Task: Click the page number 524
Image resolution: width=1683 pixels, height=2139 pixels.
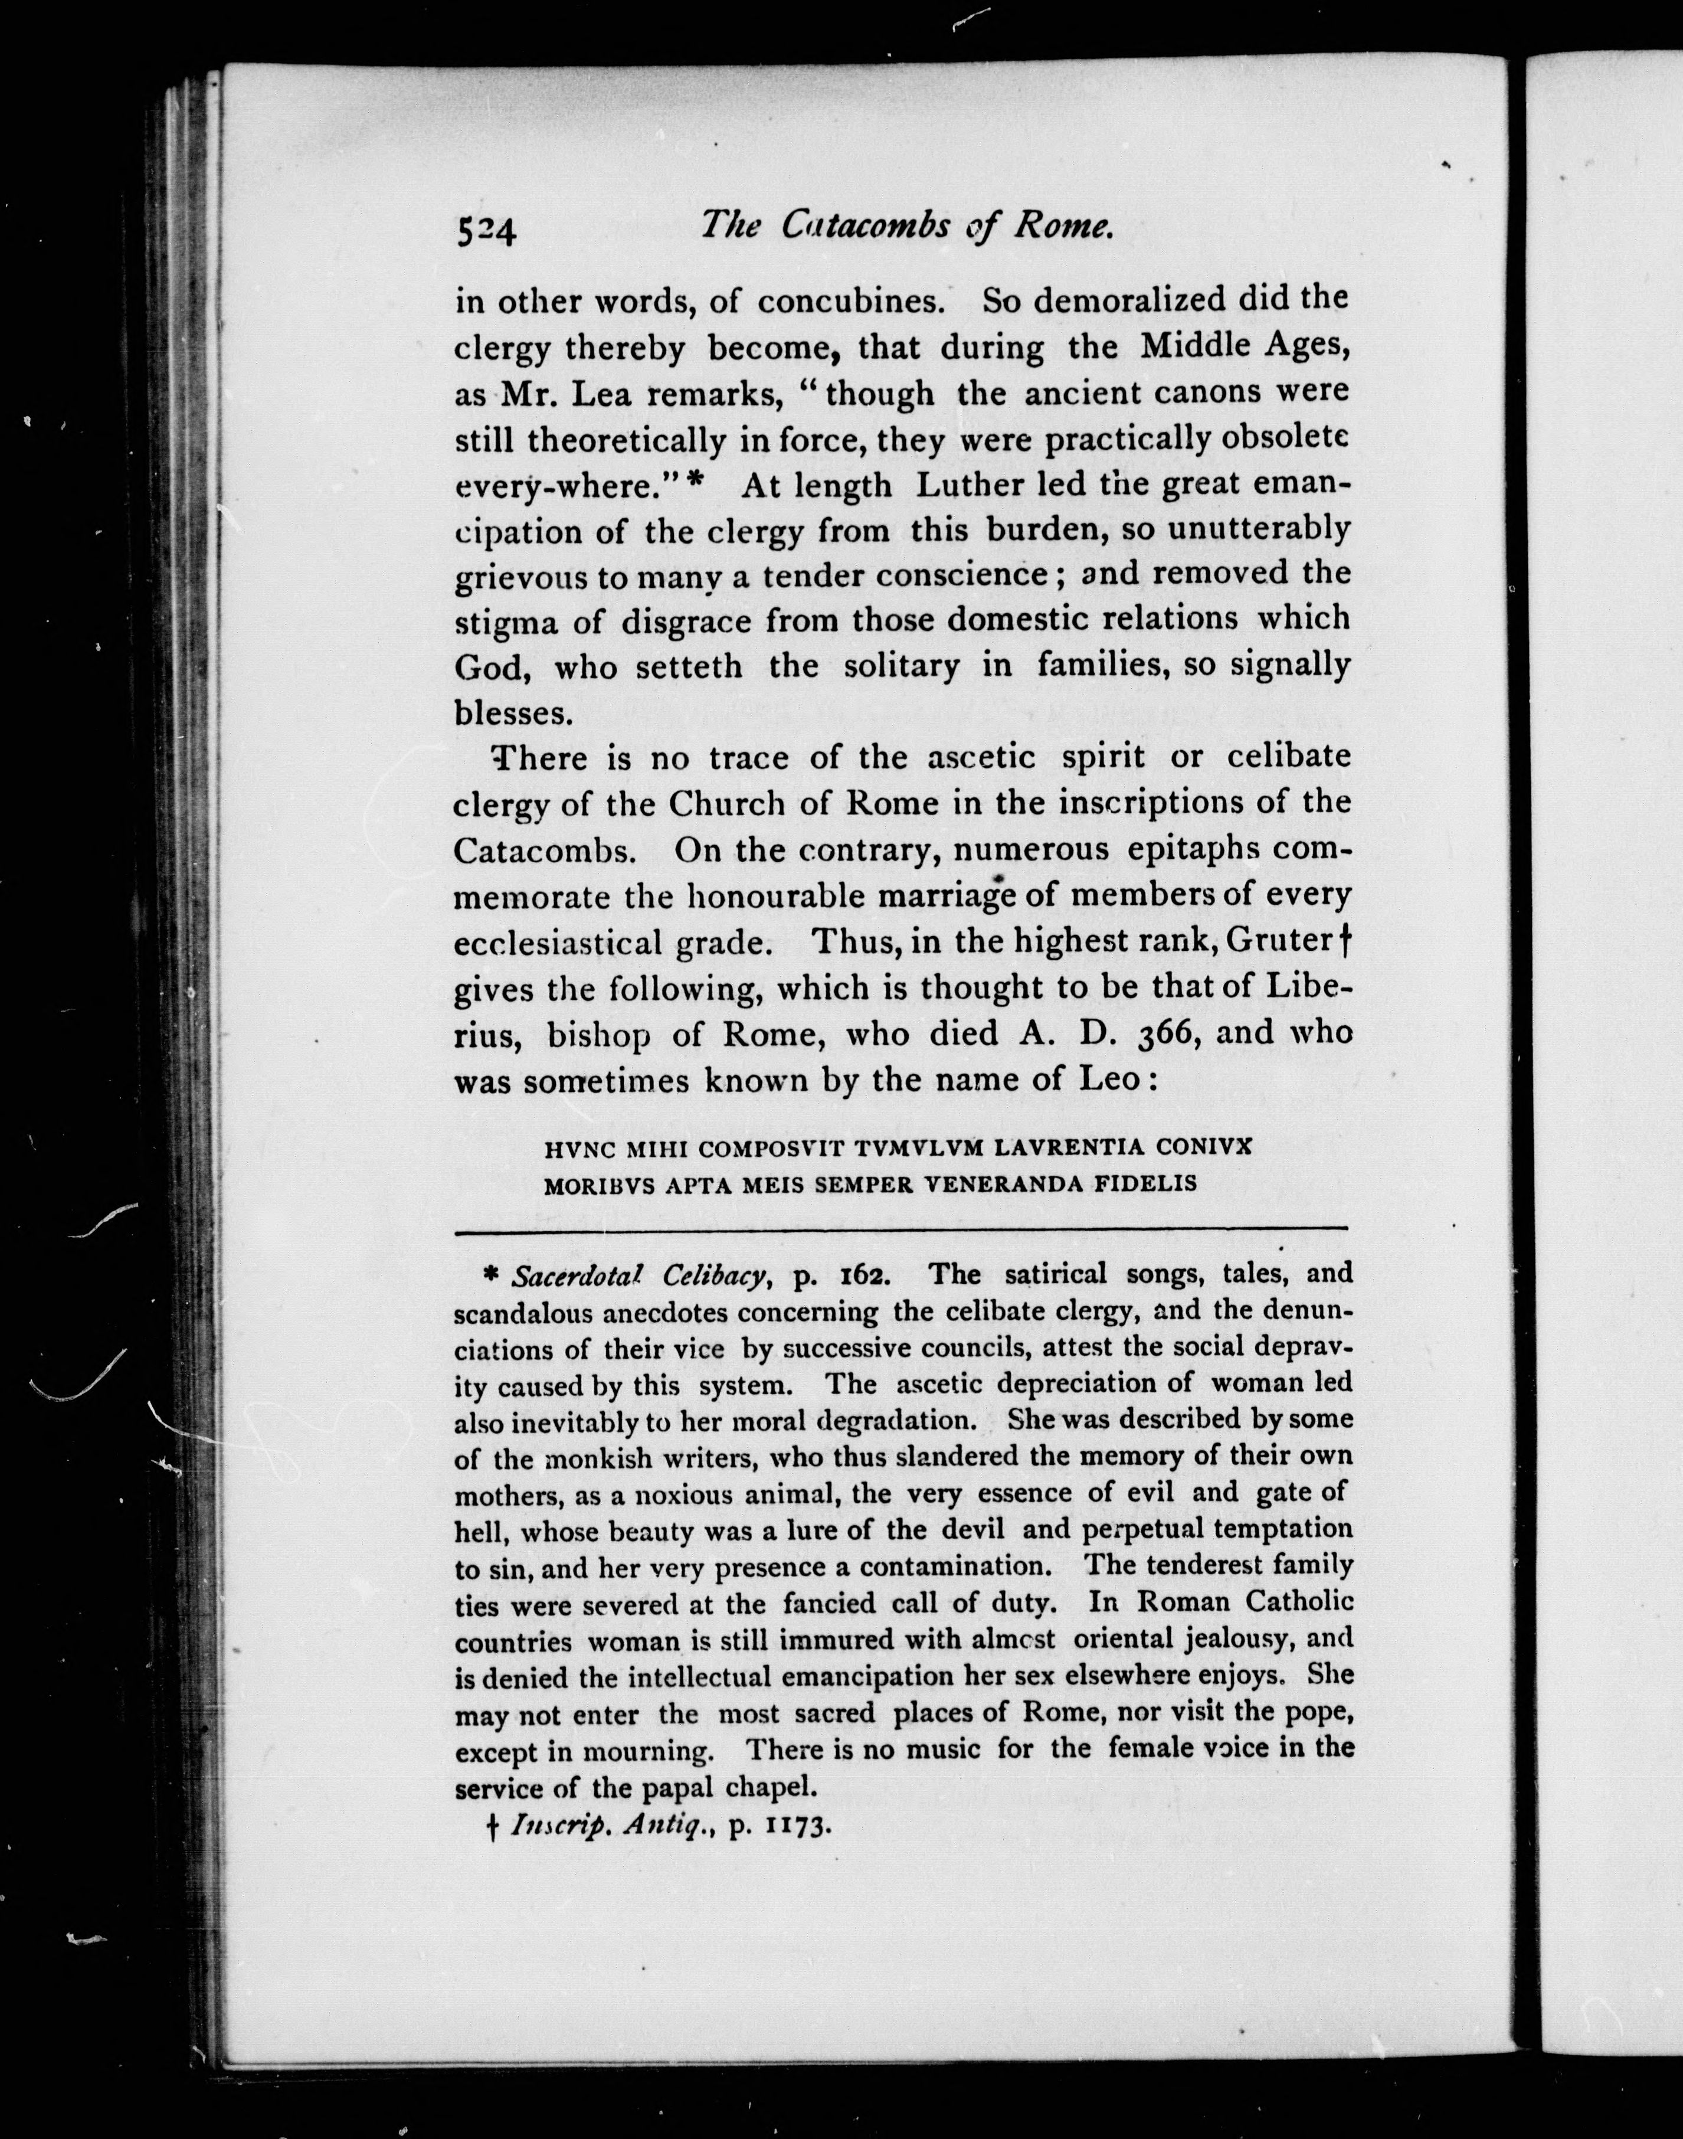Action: (486, 231)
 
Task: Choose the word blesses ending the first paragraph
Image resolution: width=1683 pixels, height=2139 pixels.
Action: (512, 712)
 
